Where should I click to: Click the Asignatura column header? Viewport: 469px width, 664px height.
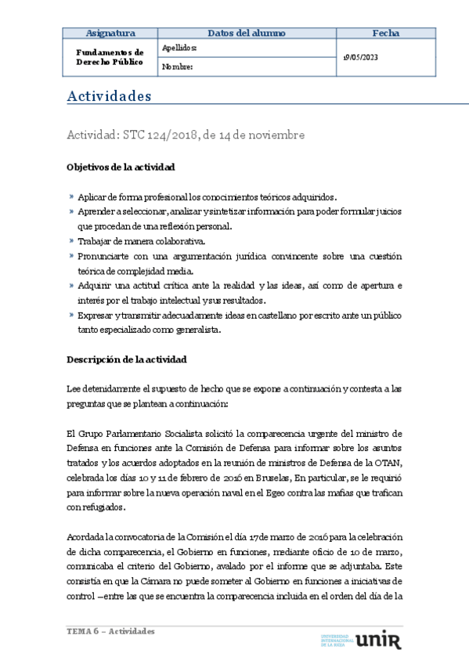(x=110, y=33)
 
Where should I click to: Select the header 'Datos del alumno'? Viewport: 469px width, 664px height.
(x=247, y=33)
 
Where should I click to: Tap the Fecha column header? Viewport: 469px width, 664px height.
(x=385, y=33)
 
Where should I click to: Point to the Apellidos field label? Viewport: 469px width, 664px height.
(x=179, y=48)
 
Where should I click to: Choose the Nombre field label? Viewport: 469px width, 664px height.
(x=177, y=67)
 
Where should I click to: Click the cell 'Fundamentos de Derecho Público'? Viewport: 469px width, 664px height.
(x=110, y=57)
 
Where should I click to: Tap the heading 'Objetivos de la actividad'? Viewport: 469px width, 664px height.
(x=121, y=168)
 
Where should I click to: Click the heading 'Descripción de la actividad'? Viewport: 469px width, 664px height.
(x=126, y=359)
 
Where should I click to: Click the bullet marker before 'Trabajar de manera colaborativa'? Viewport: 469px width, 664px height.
(x=71, y=241)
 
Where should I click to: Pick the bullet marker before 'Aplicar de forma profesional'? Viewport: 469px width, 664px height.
(x=71, y=197)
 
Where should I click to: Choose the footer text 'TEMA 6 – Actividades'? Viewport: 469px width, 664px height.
(x=110, y=631)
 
